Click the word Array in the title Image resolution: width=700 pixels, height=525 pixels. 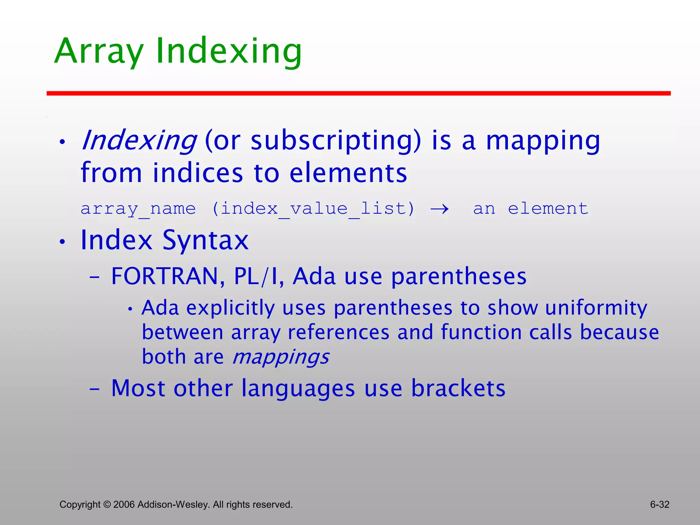click(99, 51)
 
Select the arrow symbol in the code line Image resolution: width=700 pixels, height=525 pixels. click(440, 208)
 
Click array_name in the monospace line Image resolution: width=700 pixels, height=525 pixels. click(138, 208)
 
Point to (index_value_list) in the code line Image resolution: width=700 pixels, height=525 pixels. click(313, 208)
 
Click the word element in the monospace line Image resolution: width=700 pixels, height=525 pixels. click(548, 208)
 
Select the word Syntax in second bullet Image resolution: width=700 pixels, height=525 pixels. click(205, 240)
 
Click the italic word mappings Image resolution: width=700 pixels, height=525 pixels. click(280, 357)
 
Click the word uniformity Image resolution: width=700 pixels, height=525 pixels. click(596, 308)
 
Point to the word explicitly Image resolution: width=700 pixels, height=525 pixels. click(230, 308)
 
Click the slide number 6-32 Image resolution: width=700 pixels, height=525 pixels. click(659, 504)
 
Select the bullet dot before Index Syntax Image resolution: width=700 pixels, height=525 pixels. click(62, 242)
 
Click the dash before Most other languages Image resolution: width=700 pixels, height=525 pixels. click(94, 389)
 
